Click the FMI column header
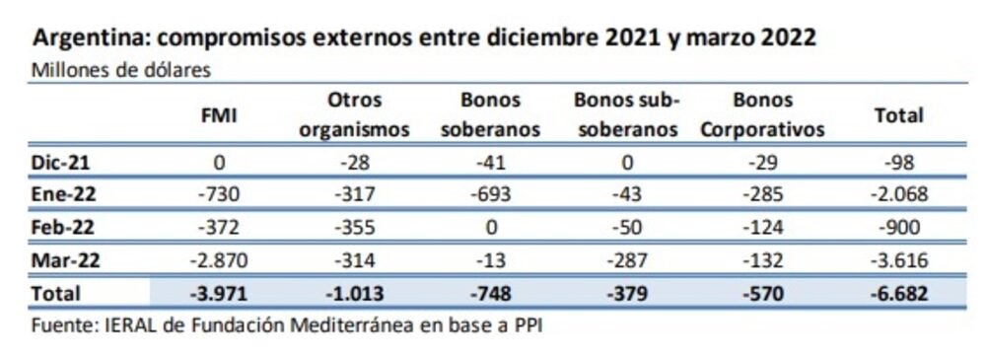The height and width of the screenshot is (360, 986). [x=218, y=115]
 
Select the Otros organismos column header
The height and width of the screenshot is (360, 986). [x=354, y=115]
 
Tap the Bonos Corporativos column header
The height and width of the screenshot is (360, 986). [x=763, y=115]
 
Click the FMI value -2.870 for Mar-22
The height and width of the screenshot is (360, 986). [x=218, y=260]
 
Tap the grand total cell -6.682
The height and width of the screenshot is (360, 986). [x=898, y=293]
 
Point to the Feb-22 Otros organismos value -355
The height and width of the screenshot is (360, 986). [x=354, y=228]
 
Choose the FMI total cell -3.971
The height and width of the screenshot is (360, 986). [x=218, y=293]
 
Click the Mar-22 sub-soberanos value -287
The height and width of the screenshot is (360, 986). [x=628, y=260]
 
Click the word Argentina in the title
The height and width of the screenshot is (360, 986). [x=88, y=39]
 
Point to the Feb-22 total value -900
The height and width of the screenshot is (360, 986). [x=898, y=228]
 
